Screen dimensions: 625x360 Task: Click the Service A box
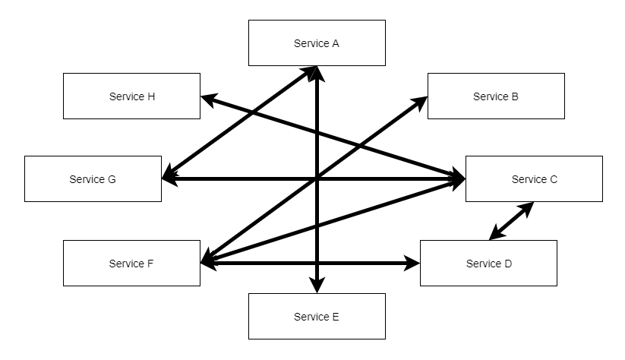pos(317,43)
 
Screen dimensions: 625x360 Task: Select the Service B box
pos(496,96)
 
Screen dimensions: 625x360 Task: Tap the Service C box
pos(534,179)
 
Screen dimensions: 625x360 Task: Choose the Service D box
pos(488,263)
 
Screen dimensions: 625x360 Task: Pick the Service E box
pos(317,317)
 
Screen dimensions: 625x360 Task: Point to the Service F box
pos(131,263)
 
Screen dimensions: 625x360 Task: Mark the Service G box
pos(93,179)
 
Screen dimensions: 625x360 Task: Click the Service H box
pos(131,96)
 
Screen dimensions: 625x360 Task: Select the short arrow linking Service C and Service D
pos(511,221)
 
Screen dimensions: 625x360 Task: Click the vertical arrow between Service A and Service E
pos(317,180)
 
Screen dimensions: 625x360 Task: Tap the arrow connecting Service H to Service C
pos(333,137)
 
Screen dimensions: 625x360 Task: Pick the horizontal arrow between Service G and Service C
pos(314,179)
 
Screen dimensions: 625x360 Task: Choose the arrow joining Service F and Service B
pos(314,179)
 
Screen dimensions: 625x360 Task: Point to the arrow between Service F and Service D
pos(310,263)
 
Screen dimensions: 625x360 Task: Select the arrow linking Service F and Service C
pos(333,221)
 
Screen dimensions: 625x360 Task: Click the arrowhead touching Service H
pos(209,99)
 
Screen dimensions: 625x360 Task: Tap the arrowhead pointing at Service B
pos(420,103)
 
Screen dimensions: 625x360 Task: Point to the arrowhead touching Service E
pos(317,286)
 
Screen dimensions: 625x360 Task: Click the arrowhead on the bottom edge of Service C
pos(526,209)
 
